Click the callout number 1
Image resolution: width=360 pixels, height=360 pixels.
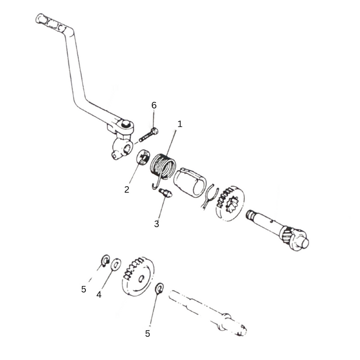180,124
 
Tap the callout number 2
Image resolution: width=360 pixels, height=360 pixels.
127,189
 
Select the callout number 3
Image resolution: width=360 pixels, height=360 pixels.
157,224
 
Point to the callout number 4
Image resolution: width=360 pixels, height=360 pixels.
99,295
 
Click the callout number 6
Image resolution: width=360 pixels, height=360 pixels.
154,105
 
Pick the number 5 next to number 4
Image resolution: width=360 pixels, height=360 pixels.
84,289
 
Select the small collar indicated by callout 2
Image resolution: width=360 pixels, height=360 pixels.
143,157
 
